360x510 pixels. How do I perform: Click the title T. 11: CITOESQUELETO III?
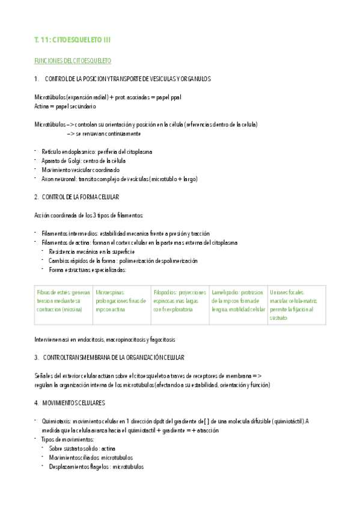pos(73,40)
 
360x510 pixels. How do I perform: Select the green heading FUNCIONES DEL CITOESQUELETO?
pos(72,61)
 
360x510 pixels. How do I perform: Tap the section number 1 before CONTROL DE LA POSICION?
pos(37,79)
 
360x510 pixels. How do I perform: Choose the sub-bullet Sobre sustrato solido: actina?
pos(82,449)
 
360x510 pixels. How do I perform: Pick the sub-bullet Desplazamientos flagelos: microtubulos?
pos(96,467)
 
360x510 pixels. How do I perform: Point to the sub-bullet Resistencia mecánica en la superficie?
pos(92,251)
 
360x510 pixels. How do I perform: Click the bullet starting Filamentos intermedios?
pos(126,233)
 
